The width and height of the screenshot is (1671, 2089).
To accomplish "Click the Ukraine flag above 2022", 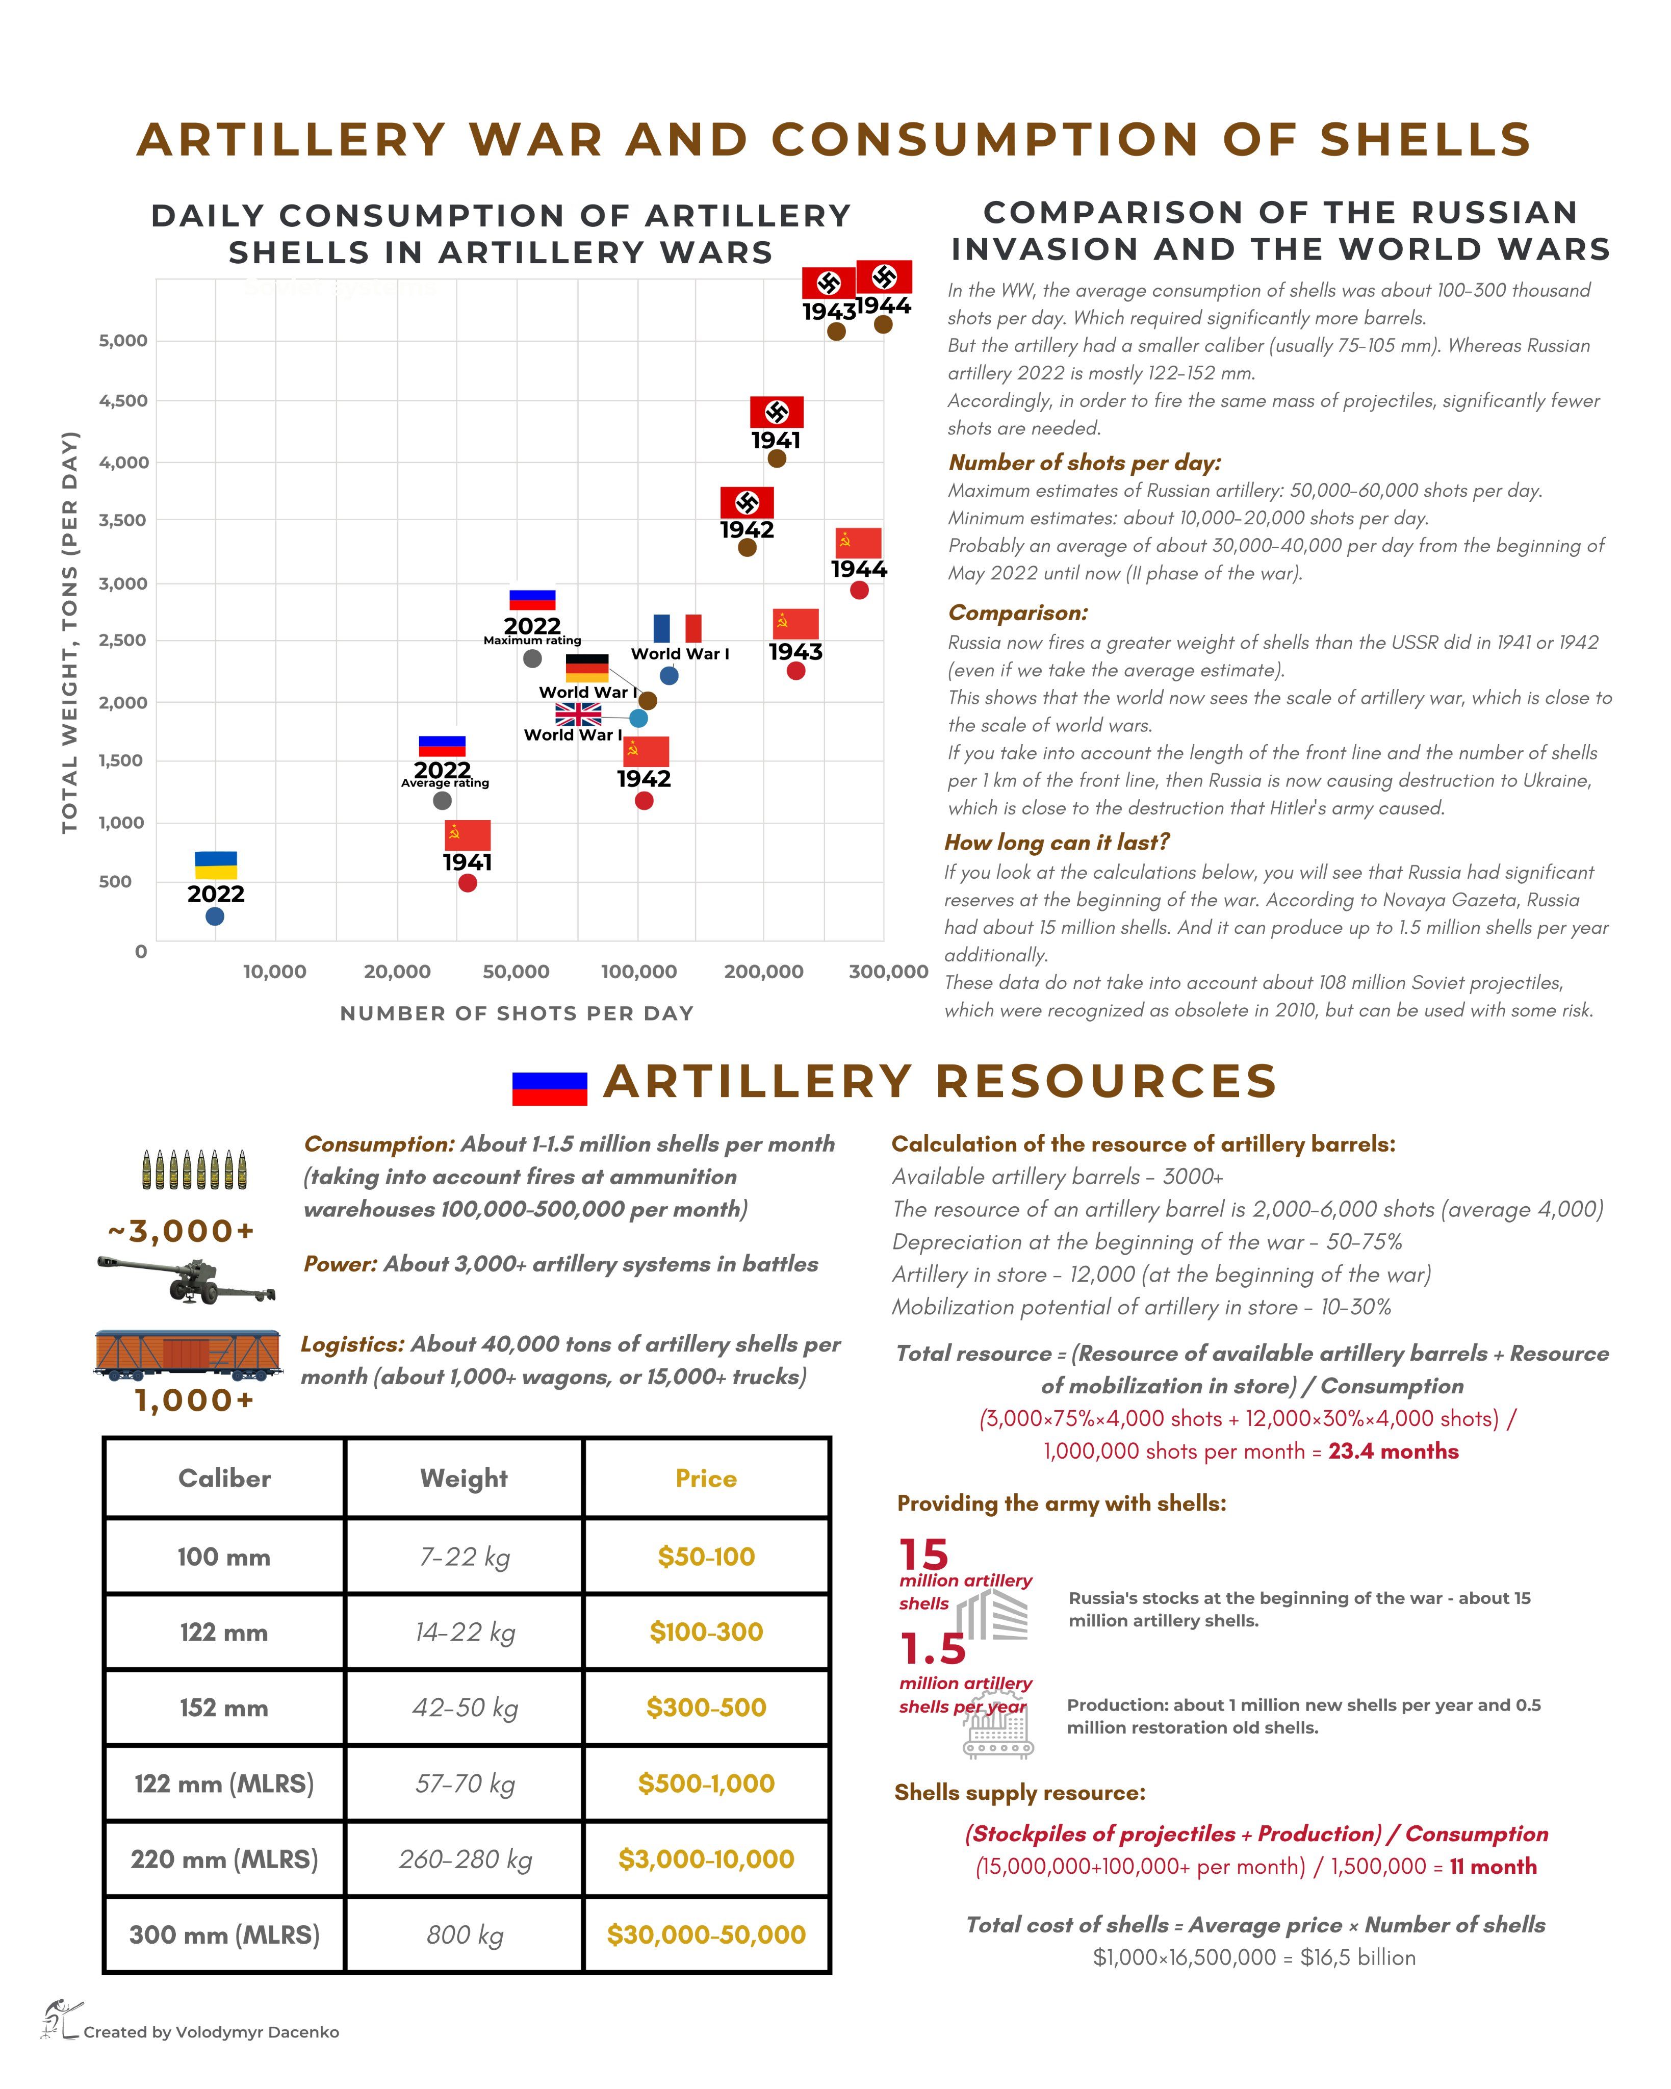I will coord(216,864).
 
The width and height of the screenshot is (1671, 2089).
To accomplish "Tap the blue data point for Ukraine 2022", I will coord(215,915).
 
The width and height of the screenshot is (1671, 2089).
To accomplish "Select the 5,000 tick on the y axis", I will coord(123,340).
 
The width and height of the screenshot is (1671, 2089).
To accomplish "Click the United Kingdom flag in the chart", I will coord(578,714).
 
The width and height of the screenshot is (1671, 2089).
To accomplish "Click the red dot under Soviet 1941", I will coord(467,883).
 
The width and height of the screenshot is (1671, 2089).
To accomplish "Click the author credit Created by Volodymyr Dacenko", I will coord(211,2032).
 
